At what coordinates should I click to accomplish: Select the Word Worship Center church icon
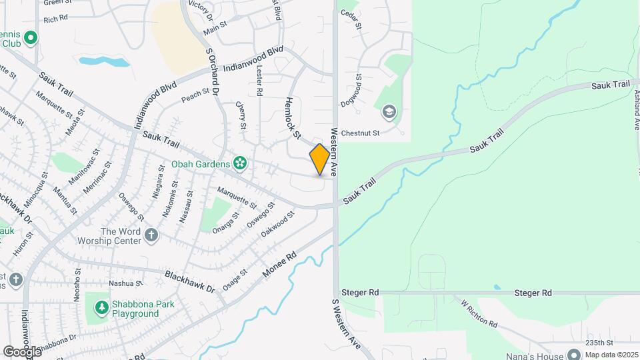[x=152, y=235]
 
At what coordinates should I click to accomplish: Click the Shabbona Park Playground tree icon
[x=102, y=308]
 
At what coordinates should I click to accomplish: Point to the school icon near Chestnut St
[x=388, y=111]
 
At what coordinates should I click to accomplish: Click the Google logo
[x=22, y=351]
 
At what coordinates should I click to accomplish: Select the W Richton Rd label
[x=479, y=313]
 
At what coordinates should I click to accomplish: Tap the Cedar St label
[x=351, y=22]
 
